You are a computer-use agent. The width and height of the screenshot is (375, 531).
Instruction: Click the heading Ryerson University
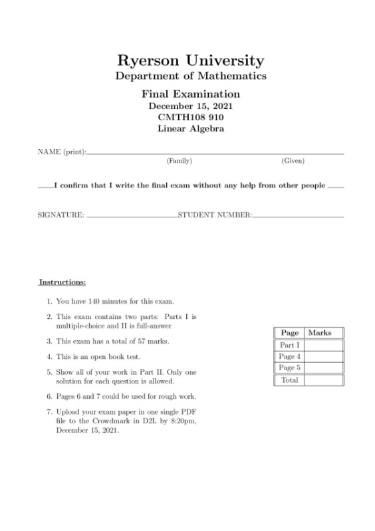pyautogui.click(x=191, y=60)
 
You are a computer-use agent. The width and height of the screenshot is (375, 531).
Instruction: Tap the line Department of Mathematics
pyautogui.click(x=191, y=76)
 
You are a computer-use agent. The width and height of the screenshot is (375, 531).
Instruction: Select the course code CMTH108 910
pyautogui.click(x=191, y=117)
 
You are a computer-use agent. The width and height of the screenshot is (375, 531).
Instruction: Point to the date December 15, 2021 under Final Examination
pyautogui.click(x=191, y=106)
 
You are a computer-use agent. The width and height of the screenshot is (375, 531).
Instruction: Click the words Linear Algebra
pyautogui.click(x=191, y=128)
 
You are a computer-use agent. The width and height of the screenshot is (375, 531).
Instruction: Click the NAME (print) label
pyautogui.click(x=61, y=152)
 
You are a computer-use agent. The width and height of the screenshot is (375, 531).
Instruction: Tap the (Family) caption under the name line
pyautogui.click(x=179, y=161)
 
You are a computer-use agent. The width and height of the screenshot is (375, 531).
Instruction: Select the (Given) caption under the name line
pyautogui.click(x=293, y=161)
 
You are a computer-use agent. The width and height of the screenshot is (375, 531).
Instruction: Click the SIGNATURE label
pyautogui.click(x=61, y=215)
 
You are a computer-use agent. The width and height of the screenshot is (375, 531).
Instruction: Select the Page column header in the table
pyautogui.click(x=290, y=332)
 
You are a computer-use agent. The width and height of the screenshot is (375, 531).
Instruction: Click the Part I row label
pyautogui.click(x=290, y=345)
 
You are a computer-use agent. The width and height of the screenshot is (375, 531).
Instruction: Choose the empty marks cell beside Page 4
pyautogui.click(x=323, y=357)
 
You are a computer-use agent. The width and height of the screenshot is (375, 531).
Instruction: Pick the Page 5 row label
pyautogui.click(x=290, y=368)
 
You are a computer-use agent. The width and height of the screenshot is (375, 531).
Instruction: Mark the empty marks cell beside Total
pyautogui.click(x=323, y=380)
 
